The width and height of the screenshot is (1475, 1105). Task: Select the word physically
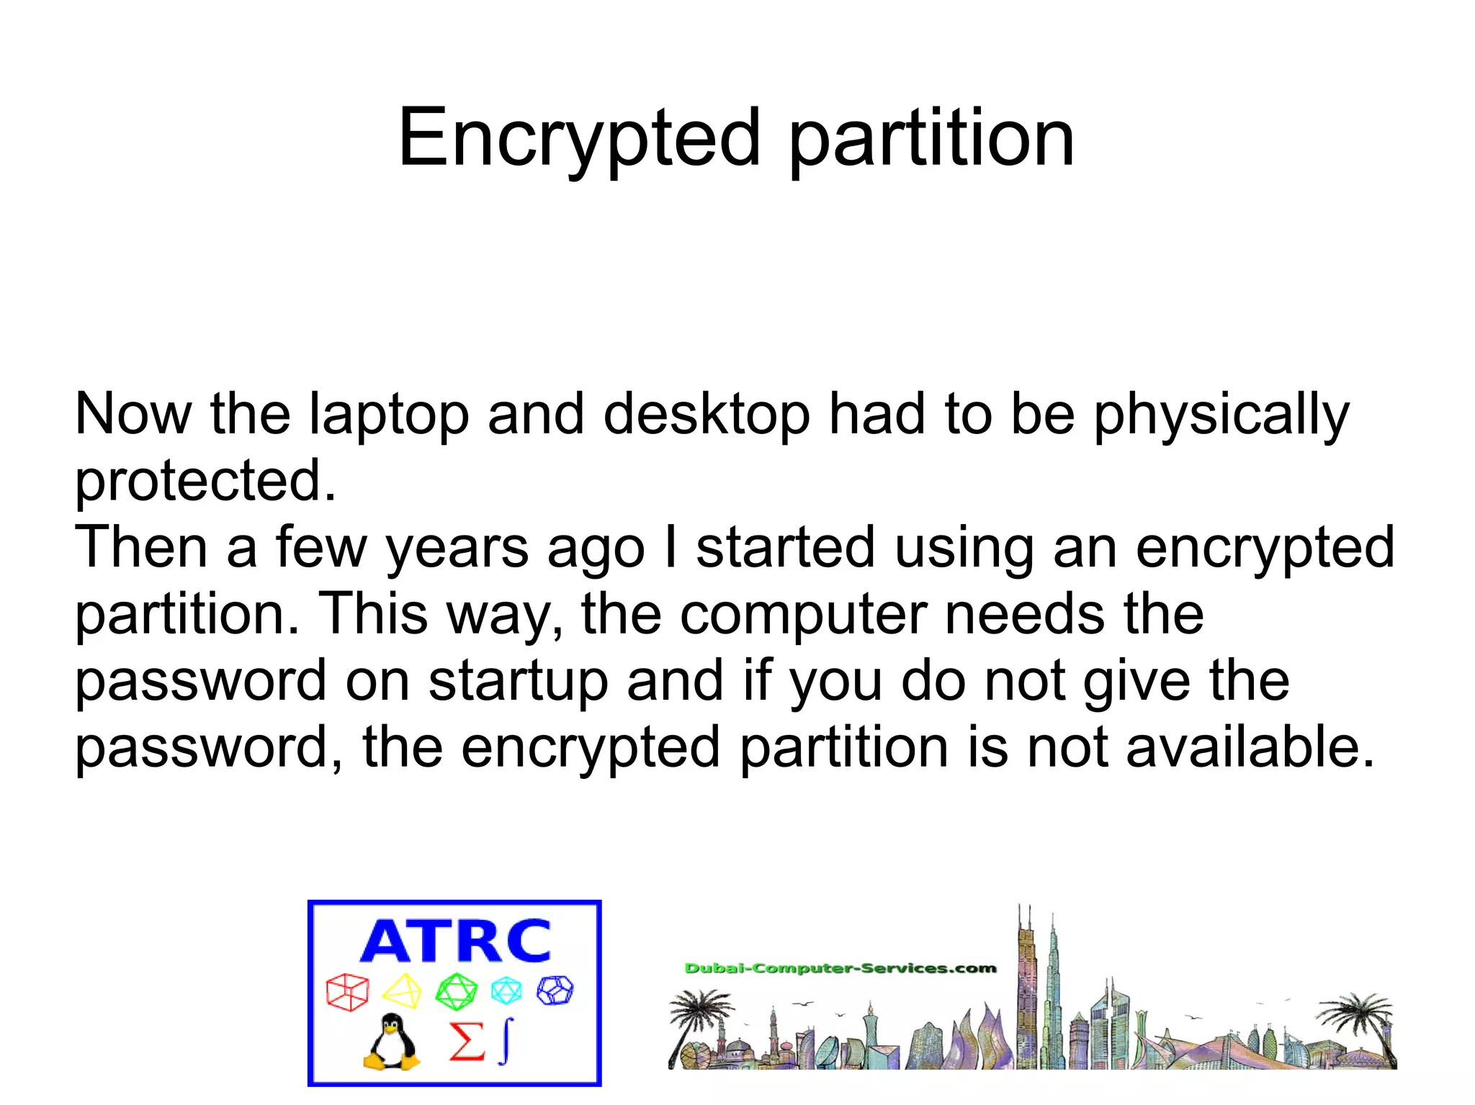pyautogui.click(x=1221, y=416)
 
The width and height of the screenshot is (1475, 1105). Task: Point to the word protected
pyautogui.click(x=205, y=482)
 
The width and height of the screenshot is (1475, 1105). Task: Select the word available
pyautogui.click(x=1250, y=747)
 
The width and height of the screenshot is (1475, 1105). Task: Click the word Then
pyautogui.click(x=141, y=547)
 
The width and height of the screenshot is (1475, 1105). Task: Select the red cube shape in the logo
pyautogui.click(x=347, y=992)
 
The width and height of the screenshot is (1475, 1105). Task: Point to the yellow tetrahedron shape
pyautogui.click(x=402, y=992)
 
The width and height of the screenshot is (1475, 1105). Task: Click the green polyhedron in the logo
pyautogui.click(x=456, y=992)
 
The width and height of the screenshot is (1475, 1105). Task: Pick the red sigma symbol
pyautogui.click(x=466, y=1041)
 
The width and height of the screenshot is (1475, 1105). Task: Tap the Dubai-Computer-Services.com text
pyautogui.click(x=840, y=968)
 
